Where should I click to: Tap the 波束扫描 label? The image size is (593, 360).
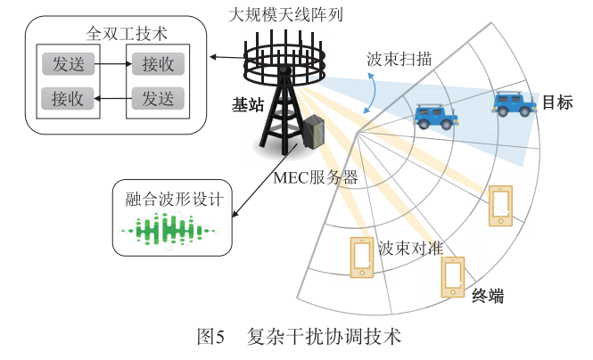click(x=399, y=60)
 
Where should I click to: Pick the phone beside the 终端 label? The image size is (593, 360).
click(x=454, y=276)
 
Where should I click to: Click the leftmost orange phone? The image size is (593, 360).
click(x=362, y=259)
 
